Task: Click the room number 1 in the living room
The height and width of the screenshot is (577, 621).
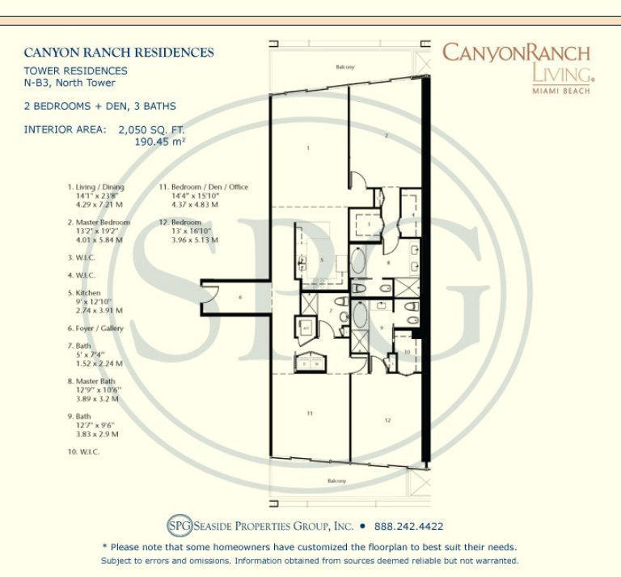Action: [x=309, y=148]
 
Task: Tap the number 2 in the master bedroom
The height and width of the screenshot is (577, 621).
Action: [x=387, y=135]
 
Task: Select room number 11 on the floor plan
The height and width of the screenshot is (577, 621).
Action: [x=309, y=413]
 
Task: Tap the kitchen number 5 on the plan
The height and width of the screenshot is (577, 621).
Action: [x=321, y=261]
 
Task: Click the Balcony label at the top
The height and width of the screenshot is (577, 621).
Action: [x=346, y=67]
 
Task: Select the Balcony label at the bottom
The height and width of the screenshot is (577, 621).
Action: [x=336, y=482]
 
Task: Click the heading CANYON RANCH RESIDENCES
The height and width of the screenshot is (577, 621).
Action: [x=119, y=53]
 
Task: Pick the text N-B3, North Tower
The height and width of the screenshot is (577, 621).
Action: [x=70, y=83]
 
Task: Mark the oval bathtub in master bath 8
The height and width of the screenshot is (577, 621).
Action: [x=360, y=263]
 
